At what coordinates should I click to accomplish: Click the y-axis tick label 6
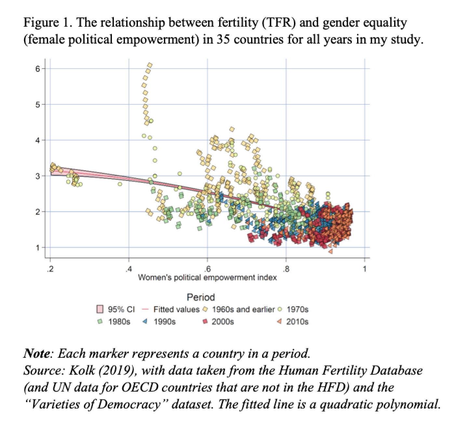tap(37, 69)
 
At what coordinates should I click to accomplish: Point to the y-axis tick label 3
tap(37, 176)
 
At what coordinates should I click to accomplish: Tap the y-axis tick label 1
tap(37, 247)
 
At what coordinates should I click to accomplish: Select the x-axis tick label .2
tap(50, 269)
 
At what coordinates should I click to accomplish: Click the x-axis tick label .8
tap(286, 269)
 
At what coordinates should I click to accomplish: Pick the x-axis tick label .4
tap(129, 269)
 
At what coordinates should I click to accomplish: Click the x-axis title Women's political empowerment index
tap(207, 277)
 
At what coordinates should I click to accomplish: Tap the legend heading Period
tap(201, 297)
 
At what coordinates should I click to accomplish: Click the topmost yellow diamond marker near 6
tap(150, 65)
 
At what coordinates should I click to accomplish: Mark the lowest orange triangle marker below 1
tap(331, 251)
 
